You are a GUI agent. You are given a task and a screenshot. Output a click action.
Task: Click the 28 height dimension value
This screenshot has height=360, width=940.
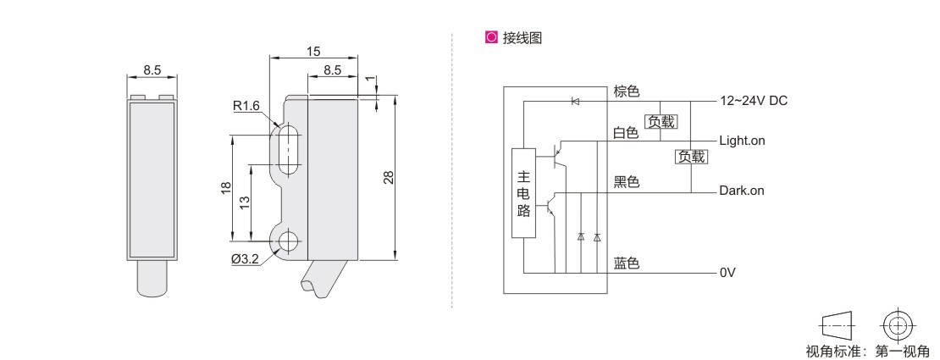coord(387,177)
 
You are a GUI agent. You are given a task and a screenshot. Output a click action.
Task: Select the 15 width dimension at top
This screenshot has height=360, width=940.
coord(313,52)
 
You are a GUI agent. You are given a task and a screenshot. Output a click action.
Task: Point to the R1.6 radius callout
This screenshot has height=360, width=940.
coord(246,107)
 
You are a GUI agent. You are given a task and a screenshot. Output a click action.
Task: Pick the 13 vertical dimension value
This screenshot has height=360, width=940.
coord(245,202)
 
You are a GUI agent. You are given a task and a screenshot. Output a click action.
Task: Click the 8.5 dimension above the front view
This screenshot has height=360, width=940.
coord(152,70)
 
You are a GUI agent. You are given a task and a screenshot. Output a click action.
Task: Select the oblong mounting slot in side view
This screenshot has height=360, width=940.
coord(288,150)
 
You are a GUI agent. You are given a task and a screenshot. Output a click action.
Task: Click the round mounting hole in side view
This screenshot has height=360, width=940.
coord(288,241)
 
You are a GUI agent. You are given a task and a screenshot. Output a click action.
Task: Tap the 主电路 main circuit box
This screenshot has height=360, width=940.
coord(524,194)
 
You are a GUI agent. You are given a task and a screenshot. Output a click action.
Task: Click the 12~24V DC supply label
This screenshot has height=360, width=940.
coord(754,101)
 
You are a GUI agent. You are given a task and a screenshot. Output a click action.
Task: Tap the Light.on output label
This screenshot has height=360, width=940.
coord(742,141)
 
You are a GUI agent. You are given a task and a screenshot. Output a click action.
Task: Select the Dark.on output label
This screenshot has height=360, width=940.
coord(742,191)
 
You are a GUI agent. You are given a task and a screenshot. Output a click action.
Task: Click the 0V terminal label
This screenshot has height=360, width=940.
coord(727,274)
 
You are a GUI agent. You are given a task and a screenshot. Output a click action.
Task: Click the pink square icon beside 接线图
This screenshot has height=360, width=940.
coord(489,38)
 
